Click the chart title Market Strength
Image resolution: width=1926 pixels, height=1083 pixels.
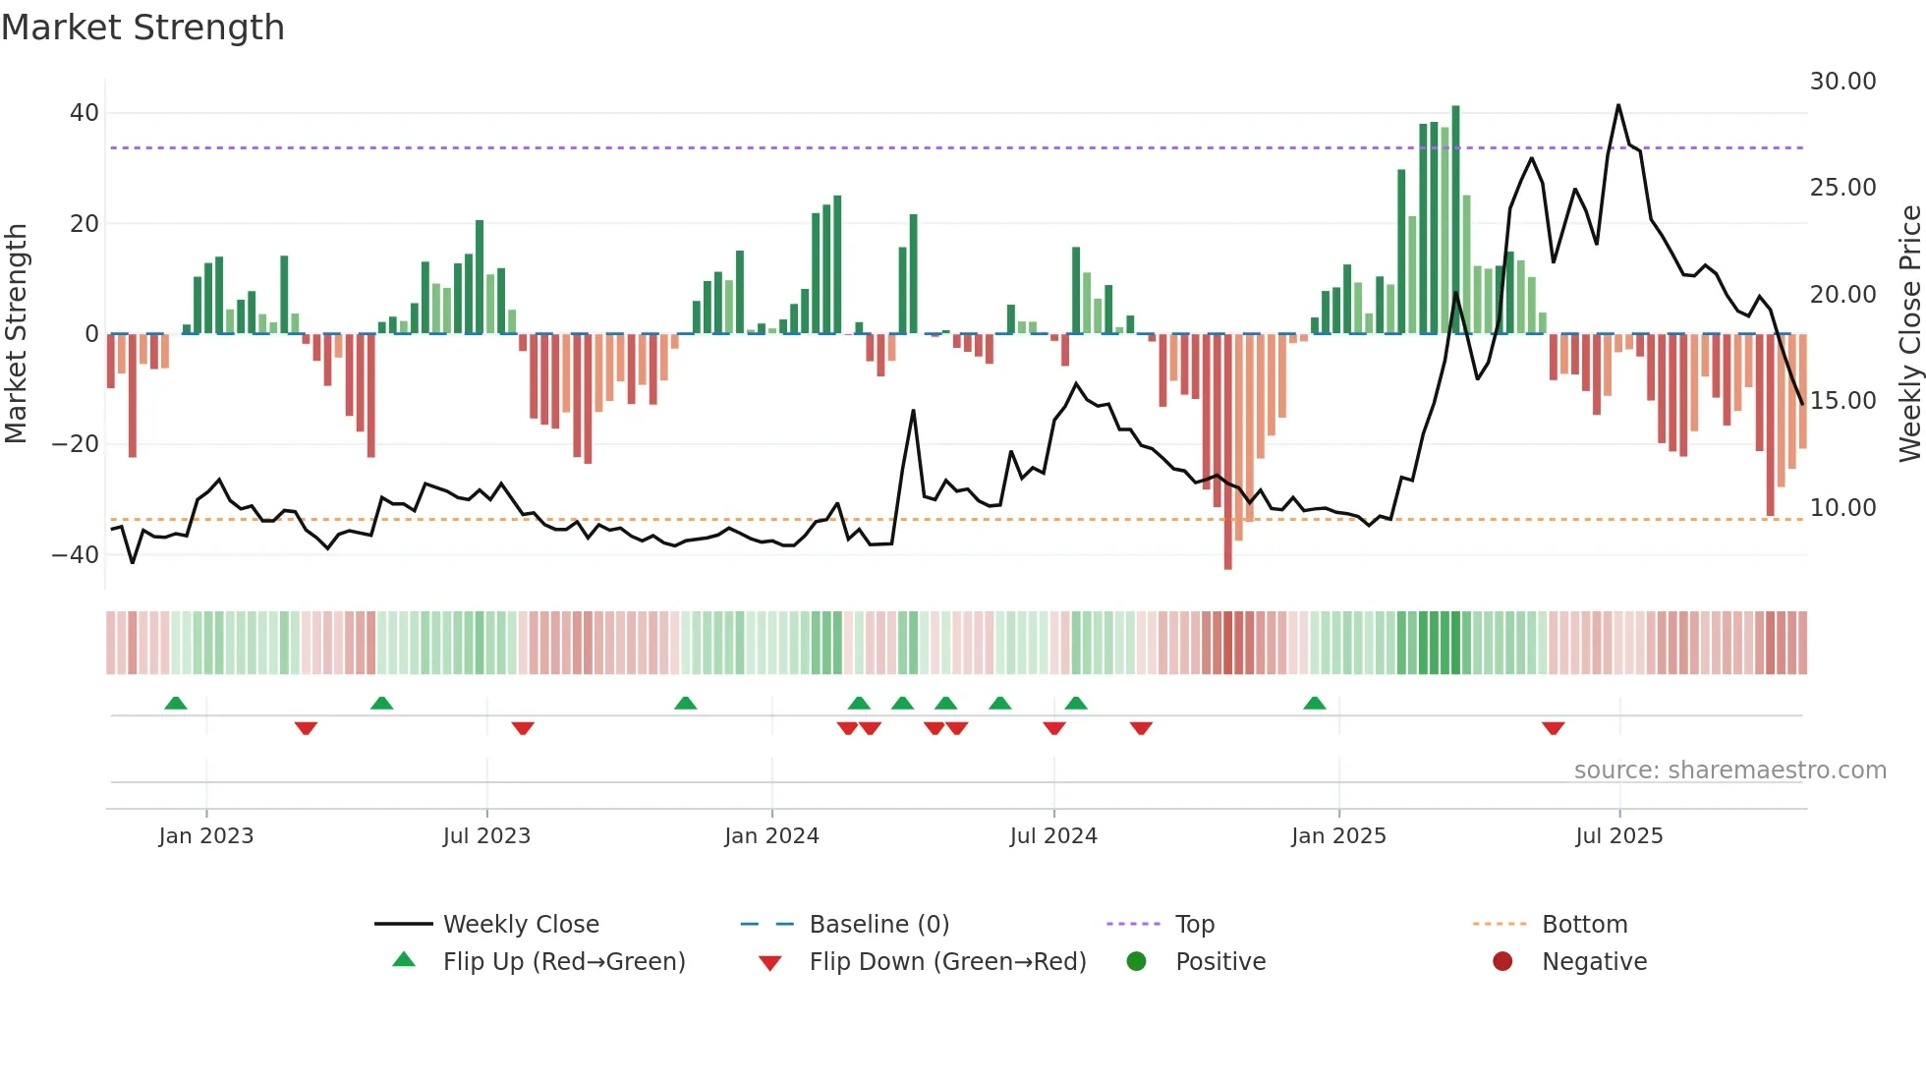click(x=142, y=28)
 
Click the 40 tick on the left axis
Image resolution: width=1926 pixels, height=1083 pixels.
click(x=85, y=113)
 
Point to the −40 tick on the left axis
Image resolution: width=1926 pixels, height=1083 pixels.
click(x=77, y=555)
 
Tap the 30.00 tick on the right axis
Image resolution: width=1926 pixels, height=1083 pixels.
click(x=1842, y=82)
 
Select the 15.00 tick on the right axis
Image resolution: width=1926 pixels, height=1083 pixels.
click(x=1842, y=401)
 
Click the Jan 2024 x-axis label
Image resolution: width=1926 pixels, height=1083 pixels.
click(x=771, y=836)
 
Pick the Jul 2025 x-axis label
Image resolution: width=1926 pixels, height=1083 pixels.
click(x=1618, y=836)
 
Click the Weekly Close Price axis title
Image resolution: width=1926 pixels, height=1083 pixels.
click(x=1909, y=334)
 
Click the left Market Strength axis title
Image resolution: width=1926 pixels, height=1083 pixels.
click(x=16, y=334)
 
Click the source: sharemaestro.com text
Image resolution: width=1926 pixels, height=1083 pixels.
click(x=1729, y=770)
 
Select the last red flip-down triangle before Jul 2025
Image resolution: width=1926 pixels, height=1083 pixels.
click(x=1553, y=728)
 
